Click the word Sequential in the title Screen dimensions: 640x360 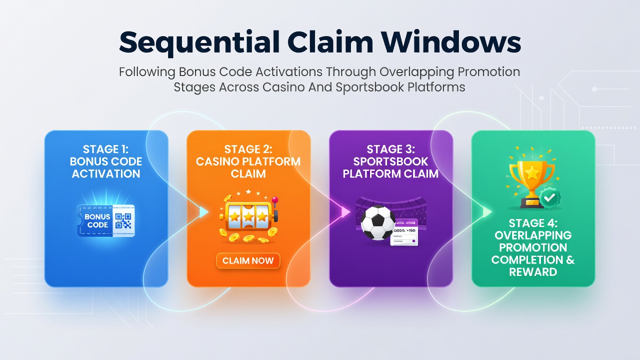pyautogui.click(x=199, y=43)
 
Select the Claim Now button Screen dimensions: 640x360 pyautogui.click(x=248, y=260)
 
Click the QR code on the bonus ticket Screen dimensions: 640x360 pyautogui.click(x=123, y=221)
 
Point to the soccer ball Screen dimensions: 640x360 pyautogui.click(x=377, y=222)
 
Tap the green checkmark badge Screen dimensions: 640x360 pyautogui.click(x=549, y=197)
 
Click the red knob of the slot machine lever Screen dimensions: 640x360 pyautogui.click(x=275, y=199)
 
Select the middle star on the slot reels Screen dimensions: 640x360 pyautogui.click(x=248, y=216)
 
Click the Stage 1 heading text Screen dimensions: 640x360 pyautogui.click(x=106, y=161)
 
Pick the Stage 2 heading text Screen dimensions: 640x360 pyautogui.click(x=248, y=161)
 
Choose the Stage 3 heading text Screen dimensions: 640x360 pyautogui.click(x=390, y=161)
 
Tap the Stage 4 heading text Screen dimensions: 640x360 pyautogui.click(x=533, y=247)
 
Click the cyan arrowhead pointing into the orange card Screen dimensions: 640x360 pyautogui.click(x=203, y=212)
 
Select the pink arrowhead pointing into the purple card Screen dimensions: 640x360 pyautogui.click(x=345, y=211)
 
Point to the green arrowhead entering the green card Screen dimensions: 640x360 pyautogui.click(x=487, y=211)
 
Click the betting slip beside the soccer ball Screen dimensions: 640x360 pyautogui.click(x=404, y=232)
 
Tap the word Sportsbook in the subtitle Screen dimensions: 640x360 pyautogui.click(x=369, y=87)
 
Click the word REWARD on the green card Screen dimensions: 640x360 pyautogui.click(x=533, y=272)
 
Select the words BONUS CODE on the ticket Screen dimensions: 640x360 pyautogui.click(x=97, y=221)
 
